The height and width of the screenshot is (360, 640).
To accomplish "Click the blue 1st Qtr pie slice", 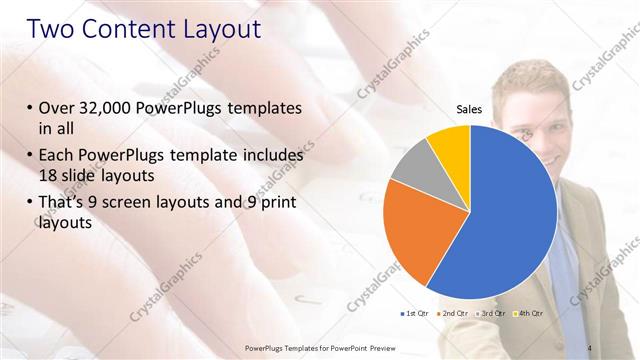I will pos(510,210).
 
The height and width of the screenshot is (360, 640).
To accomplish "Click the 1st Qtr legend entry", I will pos(417,314).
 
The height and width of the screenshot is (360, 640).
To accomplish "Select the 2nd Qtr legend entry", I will pos(454,314).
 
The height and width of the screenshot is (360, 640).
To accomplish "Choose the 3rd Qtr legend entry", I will pos(492,314).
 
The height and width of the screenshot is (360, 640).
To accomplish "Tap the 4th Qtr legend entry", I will pos(529,314).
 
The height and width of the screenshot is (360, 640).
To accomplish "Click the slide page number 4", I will pos(590,347).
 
